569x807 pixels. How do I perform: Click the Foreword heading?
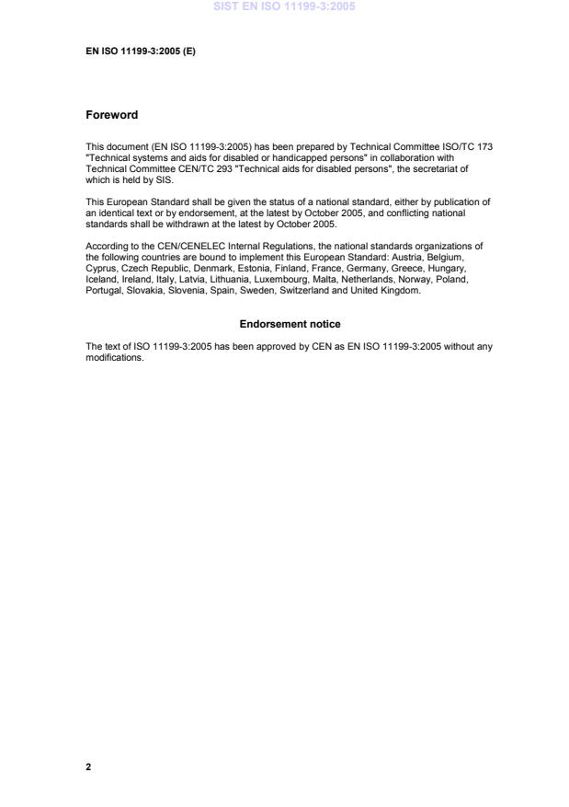[111, 115]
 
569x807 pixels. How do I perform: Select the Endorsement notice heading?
[290, 324]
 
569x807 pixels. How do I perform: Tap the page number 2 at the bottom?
[88, 767]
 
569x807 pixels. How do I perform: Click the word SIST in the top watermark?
[224, 6]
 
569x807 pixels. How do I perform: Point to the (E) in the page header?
[188, 52]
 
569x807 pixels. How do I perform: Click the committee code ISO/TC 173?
[478, 146]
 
